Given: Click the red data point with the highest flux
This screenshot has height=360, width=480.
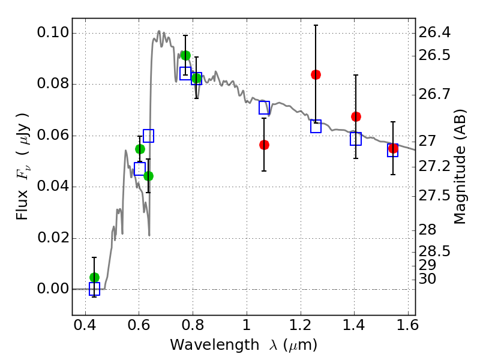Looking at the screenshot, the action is tap(316, 74).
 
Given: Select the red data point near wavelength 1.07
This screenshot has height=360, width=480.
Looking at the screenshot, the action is tap(264, 145).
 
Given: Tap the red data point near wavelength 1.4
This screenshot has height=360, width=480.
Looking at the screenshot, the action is tap(356, 116).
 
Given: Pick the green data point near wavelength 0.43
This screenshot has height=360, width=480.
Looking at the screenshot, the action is tap(94, 278).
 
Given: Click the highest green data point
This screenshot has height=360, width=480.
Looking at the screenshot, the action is tap(185, 55).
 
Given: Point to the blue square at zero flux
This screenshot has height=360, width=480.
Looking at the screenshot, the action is tap(94, 289).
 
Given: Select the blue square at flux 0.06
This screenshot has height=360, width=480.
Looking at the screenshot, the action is tap(148, 136).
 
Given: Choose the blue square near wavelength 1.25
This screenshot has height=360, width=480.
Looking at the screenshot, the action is tap(316, 126).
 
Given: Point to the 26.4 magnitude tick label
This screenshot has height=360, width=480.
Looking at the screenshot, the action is tap(434, 32).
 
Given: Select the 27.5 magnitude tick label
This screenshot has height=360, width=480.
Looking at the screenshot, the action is tap(434, 196).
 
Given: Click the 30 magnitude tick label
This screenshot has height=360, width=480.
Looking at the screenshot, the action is tap(427, 279).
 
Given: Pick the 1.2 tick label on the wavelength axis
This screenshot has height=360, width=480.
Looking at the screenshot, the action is tap(301, 325).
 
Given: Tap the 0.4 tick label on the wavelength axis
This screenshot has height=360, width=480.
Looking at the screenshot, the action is tap(85, 325).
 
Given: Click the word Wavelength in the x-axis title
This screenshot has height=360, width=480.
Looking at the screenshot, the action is tap(214, 345).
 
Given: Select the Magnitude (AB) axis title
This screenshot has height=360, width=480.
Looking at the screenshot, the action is tap(459, 167).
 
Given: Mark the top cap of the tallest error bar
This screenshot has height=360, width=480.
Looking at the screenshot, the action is tap(316, 25).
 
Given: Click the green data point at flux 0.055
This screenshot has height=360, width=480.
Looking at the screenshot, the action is tap(140, 149).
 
